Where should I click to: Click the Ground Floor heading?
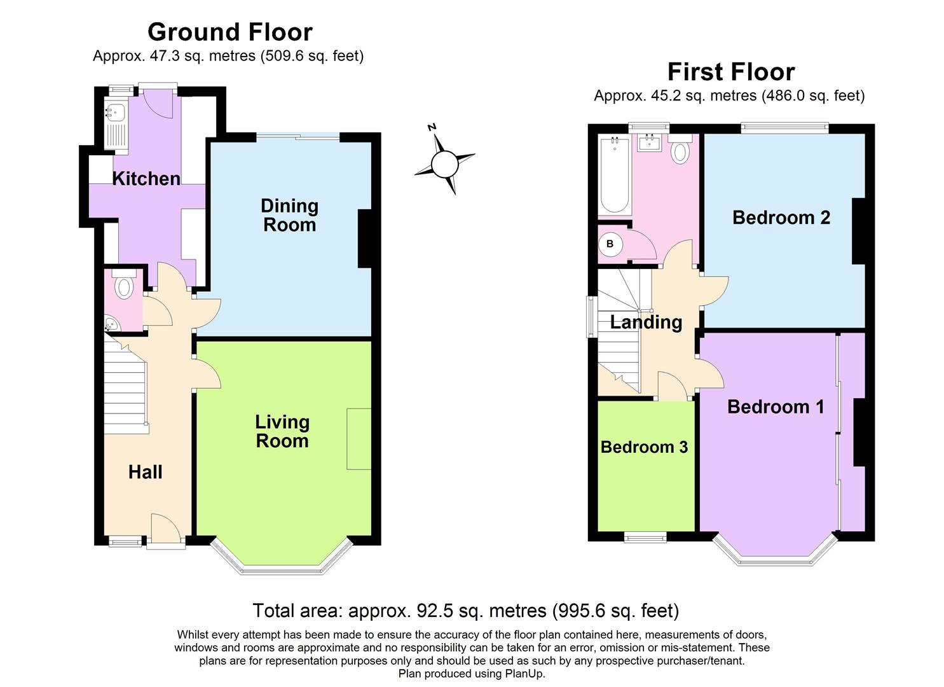pos(229,32)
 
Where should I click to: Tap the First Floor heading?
pos(730,72)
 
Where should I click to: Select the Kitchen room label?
pos(146,179)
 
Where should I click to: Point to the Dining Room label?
pos(289,215)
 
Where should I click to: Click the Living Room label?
pos(282,431)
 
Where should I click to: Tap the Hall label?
pos(146,472)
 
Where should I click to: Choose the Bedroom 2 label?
pos(781,218)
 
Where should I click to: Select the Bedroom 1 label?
pos(776,406)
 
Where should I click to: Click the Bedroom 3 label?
pos(644,447)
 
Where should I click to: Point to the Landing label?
pos(646,322)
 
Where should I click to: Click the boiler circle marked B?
pos(610,244)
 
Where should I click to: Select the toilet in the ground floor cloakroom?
pos(123,286)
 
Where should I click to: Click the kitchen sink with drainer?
pos(116,125)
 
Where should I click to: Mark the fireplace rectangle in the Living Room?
pos(359,439)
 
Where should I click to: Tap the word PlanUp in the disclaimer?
pos(524,674)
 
